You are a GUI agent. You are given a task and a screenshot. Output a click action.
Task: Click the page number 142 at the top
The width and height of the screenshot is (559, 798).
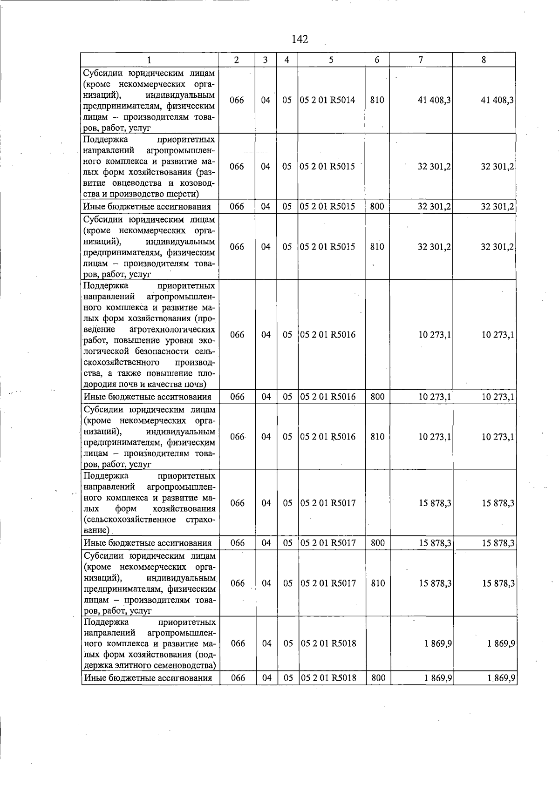300,39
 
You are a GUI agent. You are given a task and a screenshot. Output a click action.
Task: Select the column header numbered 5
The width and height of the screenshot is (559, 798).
331,60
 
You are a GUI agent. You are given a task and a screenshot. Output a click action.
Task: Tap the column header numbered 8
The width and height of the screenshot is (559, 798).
484,60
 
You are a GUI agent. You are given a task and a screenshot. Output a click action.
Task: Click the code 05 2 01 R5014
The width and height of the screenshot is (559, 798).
328,100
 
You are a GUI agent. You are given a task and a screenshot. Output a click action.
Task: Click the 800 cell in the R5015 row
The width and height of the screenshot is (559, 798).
377,206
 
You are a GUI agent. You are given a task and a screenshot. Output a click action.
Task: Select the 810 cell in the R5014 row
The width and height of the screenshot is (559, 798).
377,100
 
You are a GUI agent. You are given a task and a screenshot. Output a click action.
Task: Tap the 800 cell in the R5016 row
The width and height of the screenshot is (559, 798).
377,397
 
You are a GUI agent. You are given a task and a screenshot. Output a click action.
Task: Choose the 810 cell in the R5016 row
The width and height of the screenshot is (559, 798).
377,437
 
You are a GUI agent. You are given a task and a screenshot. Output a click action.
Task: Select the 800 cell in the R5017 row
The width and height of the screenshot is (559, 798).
377,543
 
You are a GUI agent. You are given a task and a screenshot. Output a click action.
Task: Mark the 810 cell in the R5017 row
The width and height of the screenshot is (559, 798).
377,583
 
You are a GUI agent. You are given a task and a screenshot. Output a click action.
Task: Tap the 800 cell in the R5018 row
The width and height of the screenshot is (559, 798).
378,678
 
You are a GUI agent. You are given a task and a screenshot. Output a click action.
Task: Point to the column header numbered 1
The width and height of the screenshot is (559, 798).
149,60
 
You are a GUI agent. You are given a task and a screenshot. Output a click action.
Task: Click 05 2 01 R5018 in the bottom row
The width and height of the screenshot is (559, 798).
328,678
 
